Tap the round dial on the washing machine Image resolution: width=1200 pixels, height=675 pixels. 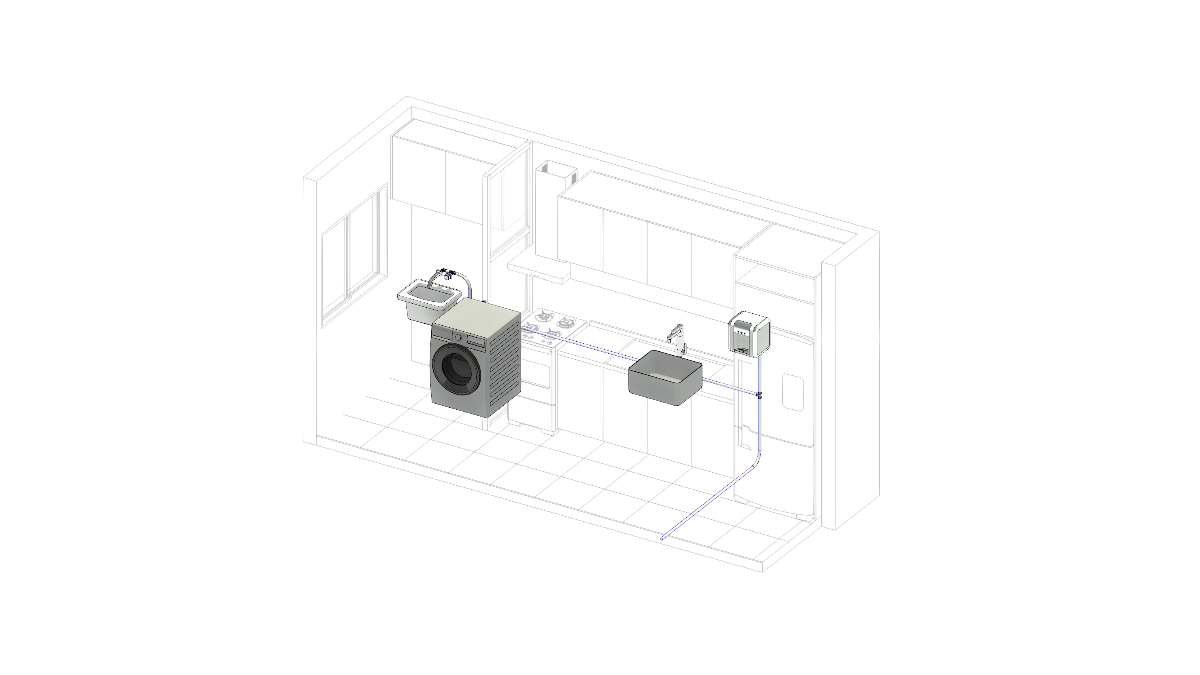tap(458, 337)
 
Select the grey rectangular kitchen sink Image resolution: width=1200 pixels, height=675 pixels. tap(665, 377)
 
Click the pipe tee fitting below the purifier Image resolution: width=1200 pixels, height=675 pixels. tap(759, 395)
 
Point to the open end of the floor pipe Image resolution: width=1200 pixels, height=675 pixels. tap(662, 539)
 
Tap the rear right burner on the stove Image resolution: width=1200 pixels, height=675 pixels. tap(566, 321)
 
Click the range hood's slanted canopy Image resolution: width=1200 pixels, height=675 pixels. tap(538, 269)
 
